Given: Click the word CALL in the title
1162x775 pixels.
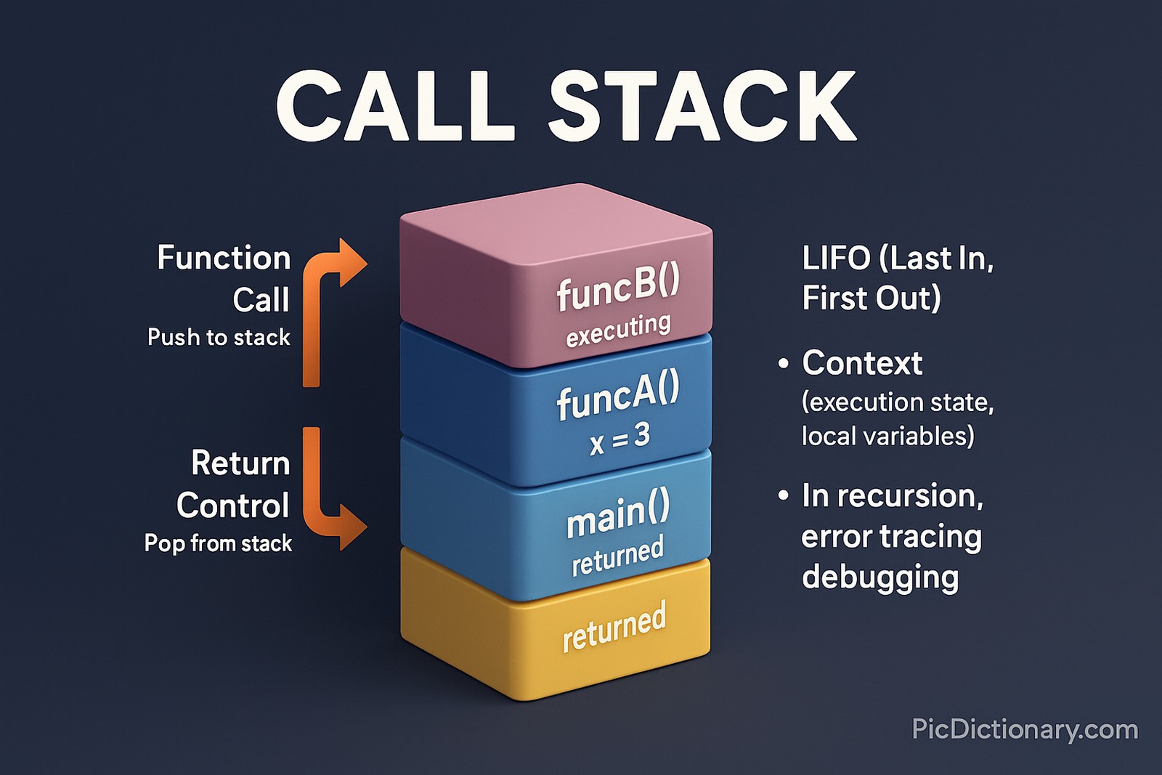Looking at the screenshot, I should (396, 107).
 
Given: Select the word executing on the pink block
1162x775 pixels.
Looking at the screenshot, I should (618, 330).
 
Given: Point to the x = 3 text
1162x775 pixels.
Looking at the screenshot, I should (619, 438).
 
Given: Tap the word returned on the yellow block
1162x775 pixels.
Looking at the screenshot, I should (614, 627).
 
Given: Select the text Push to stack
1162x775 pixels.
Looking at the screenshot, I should (219, 338).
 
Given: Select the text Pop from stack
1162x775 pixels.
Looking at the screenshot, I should (218, 543).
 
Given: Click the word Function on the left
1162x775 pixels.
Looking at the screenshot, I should (224, 259).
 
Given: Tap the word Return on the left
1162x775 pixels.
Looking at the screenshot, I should (240, 463).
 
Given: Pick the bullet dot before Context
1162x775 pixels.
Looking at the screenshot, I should (783, 364).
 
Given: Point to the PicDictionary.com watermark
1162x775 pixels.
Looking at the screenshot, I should (1025, 729).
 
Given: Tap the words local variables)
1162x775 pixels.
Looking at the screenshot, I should (887, 436).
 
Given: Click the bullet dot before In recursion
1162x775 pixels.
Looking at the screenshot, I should (783, 496).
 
